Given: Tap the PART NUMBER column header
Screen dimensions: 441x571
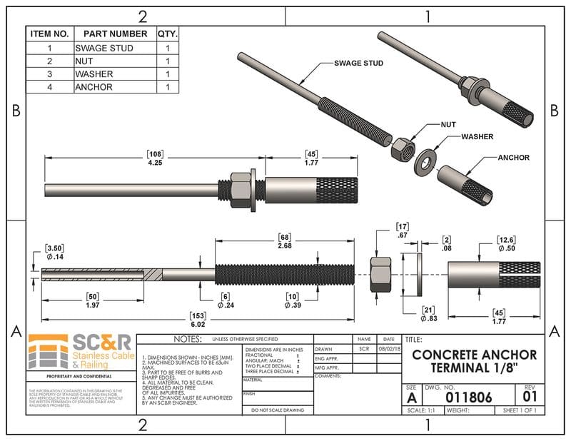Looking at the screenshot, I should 115,34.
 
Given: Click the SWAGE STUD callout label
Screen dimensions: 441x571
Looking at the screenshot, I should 358,64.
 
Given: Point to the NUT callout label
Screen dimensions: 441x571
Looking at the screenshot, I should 448,124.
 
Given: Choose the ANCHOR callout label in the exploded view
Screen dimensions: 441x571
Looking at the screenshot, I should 513,158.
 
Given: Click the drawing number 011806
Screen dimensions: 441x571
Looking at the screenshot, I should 468,397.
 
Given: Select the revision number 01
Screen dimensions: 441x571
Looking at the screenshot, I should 530,397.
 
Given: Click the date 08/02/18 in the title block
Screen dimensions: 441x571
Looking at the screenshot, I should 388,350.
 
